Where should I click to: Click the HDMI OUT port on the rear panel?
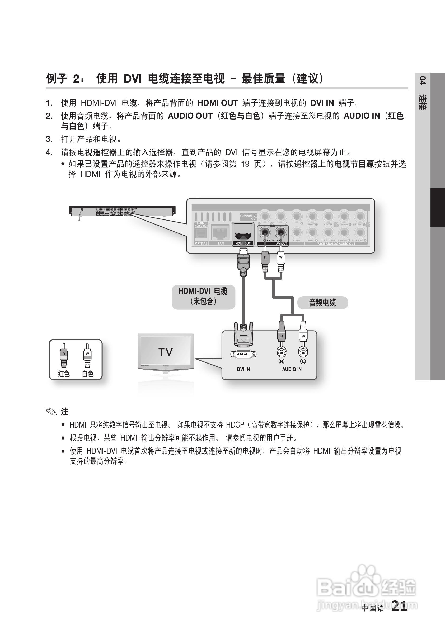(x=243, y=233)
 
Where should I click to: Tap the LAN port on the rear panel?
(x=220, y=233)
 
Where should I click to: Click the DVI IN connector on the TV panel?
(x=243, y=354)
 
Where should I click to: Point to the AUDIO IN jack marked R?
(x=282, y=352)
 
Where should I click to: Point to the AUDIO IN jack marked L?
(x=303, y=352)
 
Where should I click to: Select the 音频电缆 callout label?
(x=322, y=303)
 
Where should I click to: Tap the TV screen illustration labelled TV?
(x=165, y=352)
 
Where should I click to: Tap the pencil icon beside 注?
(x=51, y=412)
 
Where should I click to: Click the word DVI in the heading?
(x=133, y=79)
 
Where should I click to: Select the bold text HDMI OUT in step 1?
(x=217, y=103)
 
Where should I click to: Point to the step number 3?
(x=49, y=139)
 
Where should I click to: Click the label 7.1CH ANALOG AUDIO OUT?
(x=336, y=244)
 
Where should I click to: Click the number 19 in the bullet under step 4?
(x=245, y=164)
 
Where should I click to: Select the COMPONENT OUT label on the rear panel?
(x=248, y=217)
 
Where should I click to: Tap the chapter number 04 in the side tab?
(x=423, y=81)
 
